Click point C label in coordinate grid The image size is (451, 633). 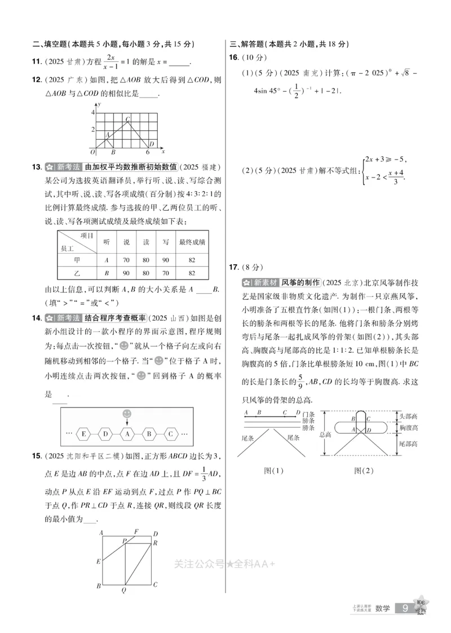pyautogui.click(x=127, y=118)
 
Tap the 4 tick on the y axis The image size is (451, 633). pyautogui.click(x=94, y=113)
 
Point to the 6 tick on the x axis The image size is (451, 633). pyautogui.click(x=148, y=152)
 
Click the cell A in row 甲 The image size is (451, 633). pyautogui.click(x=107, y=260)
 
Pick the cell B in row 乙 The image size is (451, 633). pyautogui.click(x=107, y=273)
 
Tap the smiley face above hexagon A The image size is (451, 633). pyautogui.click(x=127, y=414)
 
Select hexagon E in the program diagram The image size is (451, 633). pyautogui.click(x=84, y=434)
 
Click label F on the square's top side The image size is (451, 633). pyautogui.click(x=136, y=531)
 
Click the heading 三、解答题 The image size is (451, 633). pyautogui.click(x=249, y=45)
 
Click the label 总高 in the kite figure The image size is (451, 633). pyautogui.click(x=325, y=435)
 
